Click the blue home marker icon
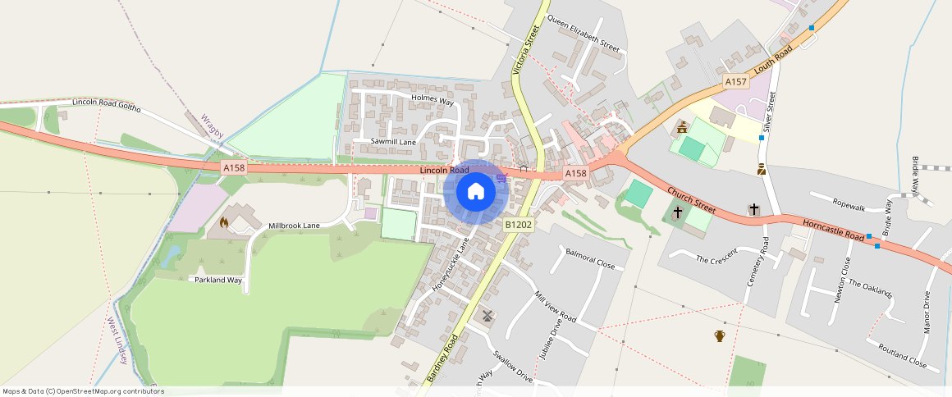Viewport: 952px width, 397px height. click(475, 192)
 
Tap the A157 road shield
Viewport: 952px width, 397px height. click(735, 82)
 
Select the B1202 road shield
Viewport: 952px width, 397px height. click(519, 225)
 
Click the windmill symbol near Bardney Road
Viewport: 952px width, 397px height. click(487, 315)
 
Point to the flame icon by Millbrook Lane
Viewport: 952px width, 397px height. click(224, 222)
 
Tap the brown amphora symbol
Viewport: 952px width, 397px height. click(720, 335)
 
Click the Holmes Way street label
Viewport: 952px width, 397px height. click(433, 100)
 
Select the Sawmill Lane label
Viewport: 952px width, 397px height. click(393, 142)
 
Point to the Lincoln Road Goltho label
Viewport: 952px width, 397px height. click(107, 105)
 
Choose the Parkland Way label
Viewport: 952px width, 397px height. click(218, 280)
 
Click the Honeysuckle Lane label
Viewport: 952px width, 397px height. click(451, 265)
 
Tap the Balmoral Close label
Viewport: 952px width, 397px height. click(589, 260)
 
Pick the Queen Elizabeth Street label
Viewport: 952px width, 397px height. click(583, 34)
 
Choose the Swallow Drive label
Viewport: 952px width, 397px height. click(512, 366)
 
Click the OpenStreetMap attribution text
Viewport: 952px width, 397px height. click(83, 391)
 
